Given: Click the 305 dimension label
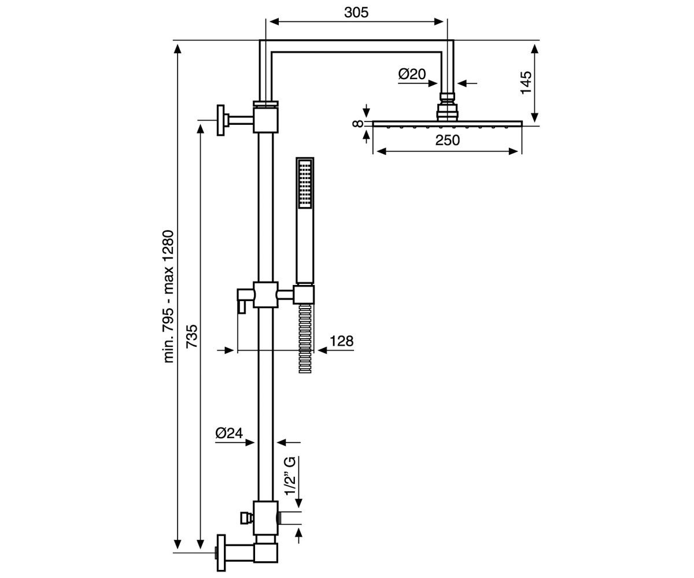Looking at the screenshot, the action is click(356, 13).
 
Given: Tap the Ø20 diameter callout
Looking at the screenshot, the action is click(412, 74).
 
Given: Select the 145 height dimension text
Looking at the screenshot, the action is click(526, 83).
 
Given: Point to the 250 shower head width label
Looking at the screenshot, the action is click(448, 140).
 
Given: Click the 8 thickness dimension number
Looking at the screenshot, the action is click(357, 124).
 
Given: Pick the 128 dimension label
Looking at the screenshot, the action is click(342, 341).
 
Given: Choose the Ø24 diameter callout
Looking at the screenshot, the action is click(229, 433).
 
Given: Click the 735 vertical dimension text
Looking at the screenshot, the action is click(192, 336).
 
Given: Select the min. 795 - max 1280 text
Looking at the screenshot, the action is click(169, 297).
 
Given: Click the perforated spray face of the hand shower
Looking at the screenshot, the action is click(305, 184).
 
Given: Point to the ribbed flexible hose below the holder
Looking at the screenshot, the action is click(305, 338).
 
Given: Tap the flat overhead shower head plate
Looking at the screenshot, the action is click(448, 124).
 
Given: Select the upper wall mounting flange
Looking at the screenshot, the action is click(221, 120).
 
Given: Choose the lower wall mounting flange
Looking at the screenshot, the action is click(221, 553).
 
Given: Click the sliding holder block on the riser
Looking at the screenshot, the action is click(265, 295).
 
